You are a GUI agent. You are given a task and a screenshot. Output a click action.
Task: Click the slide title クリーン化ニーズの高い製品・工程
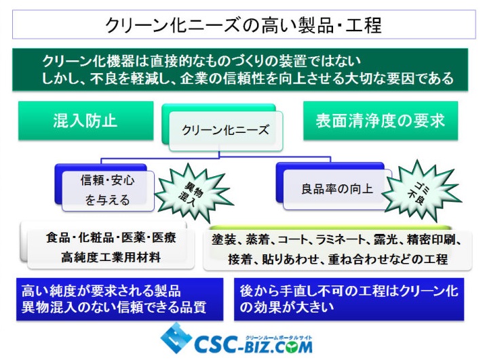(x=244, y=25)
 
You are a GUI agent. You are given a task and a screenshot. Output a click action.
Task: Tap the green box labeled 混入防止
(x=85, y=121)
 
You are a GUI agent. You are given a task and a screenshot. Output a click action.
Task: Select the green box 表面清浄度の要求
(x=381, y=121)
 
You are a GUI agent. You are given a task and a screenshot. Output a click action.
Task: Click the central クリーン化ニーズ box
(x=225, y=131)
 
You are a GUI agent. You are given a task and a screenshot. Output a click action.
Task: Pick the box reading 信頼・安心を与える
(x=108, y=191)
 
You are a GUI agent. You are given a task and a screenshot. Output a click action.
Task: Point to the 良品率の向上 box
(x=337, y=188)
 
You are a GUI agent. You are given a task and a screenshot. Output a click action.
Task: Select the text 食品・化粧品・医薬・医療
(x=111, y=238)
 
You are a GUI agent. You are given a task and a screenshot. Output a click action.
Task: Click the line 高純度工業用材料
(x=111, y=257)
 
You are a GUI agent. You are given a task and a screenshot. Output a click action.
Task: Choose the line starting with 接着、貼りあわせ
(x=338, y=259)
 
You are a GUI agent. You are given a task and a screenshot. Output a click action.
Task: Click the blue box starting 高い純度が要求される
(x=119, y=300)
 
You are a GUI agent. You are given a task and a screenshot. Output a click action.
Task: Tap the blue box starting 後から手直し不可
(x=349, y=300)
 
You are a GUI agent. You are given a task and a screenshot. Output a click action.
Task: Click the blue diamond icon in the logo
(x=176, y=338)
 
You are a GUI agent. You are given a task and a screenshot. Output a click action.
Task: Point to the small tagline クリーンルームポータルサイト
(x=279, y=338)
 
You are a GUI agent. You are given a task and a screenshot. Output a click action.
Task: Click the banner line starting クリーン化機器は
(x=201, y=61)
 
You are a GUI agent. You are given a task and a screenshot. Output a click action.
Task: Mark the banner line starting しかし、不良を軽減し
(x=248, y=78)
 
